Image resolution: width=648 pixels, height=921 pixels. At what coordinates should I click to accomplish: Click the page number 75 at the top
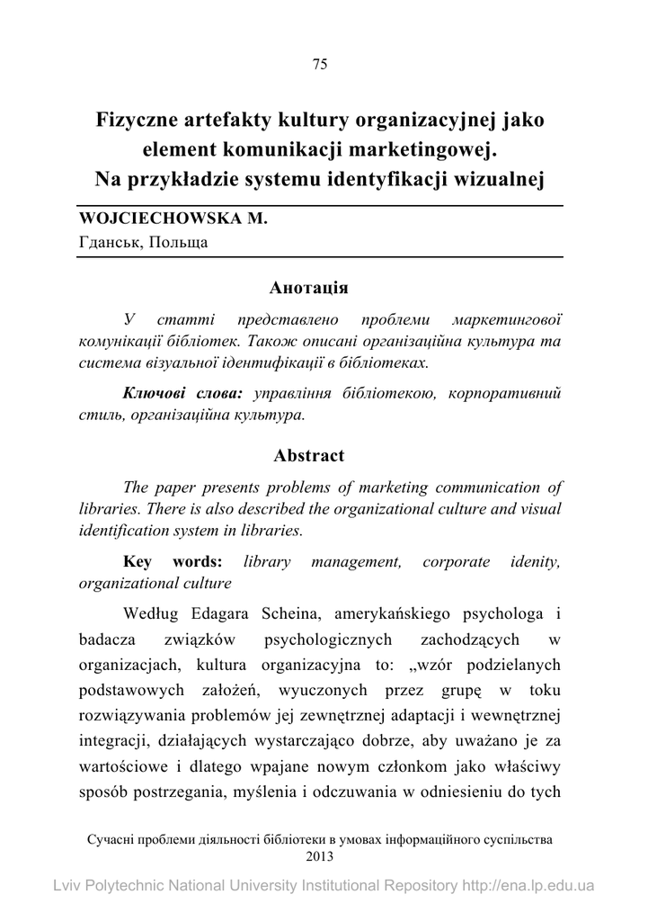tap(319, 63)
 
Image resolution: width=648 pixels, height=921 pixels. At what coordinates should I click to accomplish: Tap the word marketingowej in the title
tap(422, 148)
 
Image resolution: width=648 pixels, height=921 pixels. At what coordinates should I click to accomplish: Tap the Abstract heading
tap(308, 455)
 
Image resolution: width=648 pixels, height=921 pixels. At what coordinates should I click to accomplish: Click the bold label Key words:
tap(172, 561)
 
